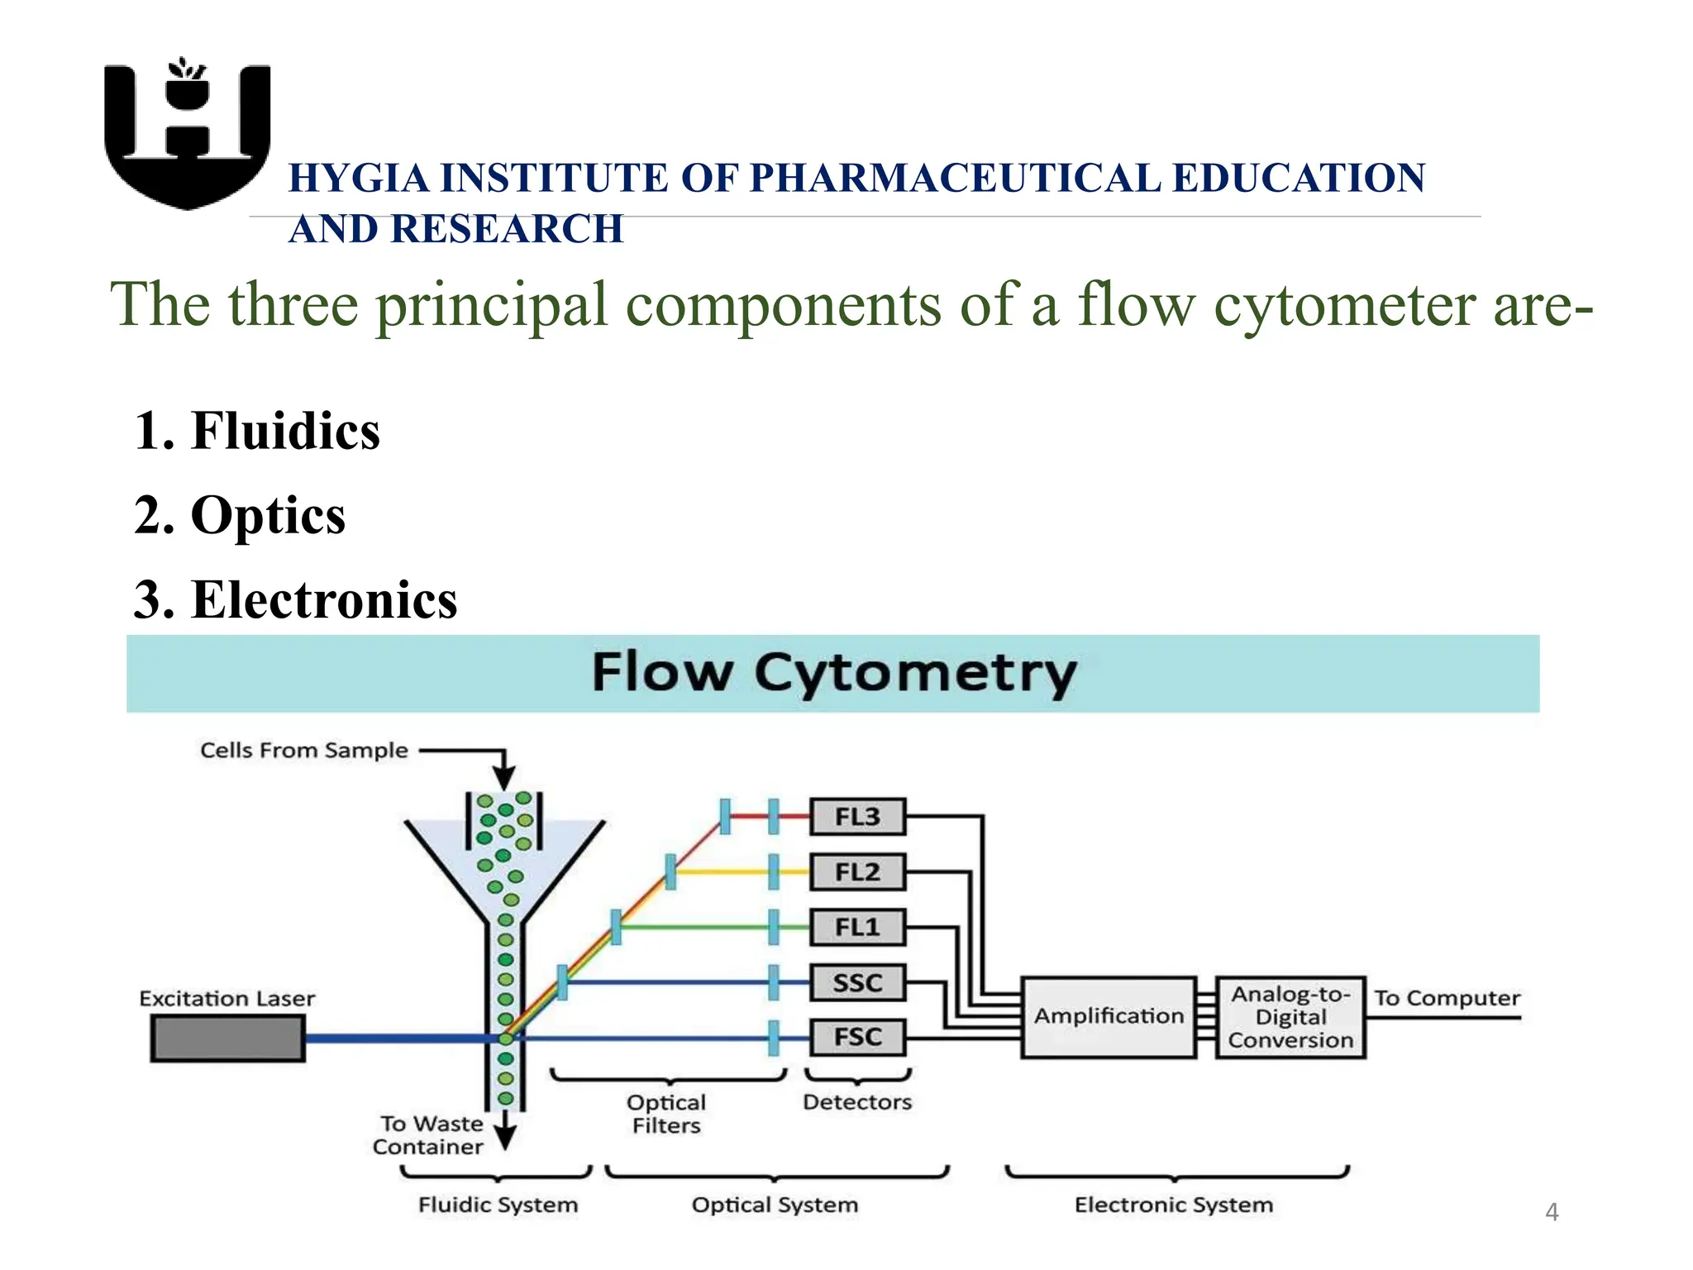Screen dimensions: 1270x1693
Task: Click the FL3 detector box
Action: coord(857,817)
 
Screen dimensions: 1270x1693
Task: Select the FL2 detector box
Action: coord(857,872)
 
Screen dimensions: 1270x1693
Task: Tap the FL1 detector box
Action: coord(857,927)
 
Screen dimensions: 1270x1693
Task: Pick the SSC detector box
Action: coord(857,982)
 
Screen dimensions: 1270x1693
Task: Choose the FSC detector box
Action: coord(857,1037)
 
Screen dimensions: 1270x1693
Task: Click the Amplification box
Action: coord(1108,1016)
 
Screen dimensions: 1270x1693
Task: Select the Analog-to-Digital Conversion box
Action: coord(1290,1017)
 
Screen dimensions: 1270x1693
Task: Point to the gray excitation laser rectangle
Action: coord(227,1038)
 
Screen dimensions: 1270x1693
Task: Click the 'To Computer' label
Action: coord(1447,998)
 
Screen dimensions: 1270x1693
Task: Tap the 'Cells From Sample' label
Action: coord(303,750)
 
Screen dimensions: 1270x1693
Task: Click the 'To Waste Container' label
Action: coord(428,1135)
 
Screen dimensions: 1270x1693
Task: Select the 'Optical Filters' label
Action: coord(666,1114)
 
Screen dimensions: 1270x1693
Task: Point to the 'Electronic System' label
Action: coord(1173,1205)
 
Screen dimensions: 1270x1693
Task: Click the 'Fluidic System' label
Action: coord(498,1205)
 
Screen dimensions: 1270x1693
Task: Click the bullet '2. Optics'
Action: coord(240,515)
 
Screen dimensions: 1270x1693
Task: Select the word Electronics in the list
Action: coord(323,599)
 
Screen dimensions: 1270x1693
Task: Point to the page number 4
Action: coord(1552,1212)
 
